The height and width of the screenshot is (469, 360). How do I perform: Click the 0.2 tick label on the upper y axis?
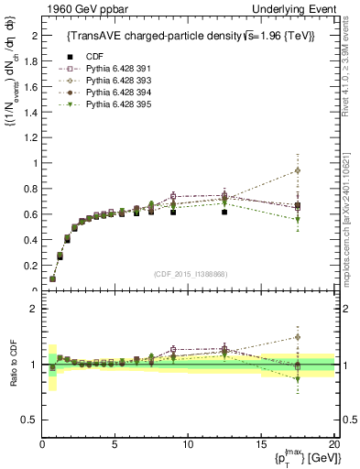(29, 266)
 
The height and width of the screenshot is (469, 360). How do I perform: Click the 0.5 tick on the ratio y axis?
(29, 420)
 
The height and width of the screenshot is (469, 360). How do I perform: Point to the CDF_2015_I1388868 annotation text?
(190, 274)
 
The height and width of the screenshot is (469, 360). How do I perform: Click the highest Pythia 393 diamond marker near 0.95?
(298, 170)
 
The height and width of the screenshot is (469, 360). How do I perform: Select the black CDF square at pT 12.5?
(224, 212)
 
